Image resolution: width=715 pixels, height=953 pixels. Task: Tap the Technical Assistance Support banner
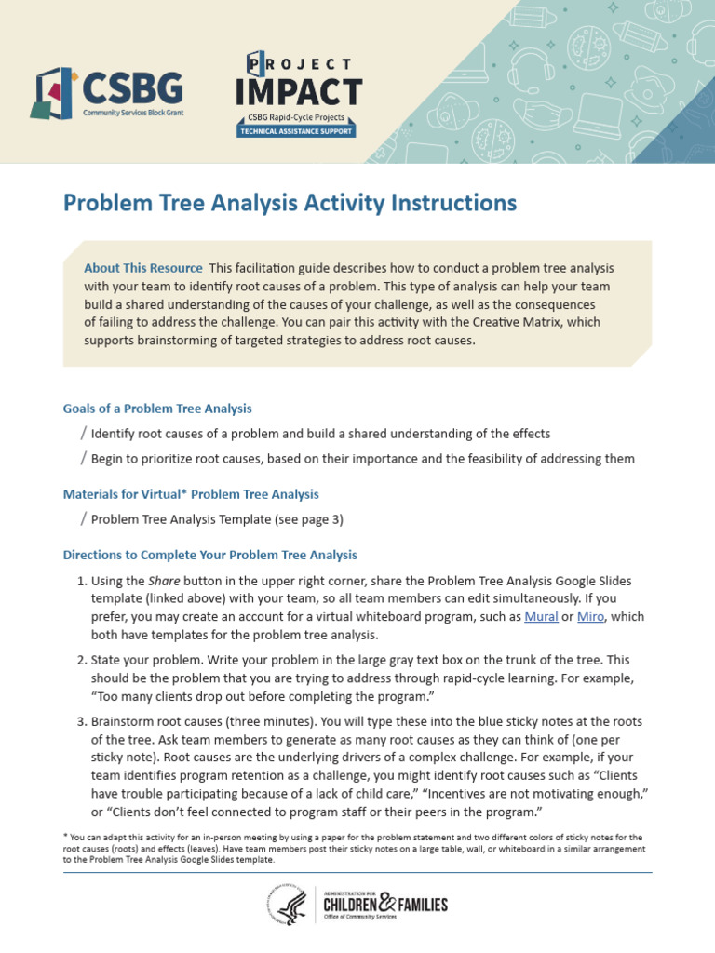click(x=296, y=132)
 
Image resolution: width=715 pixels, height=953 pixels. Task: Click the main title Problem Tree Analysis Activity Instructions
click(x=289, y=202)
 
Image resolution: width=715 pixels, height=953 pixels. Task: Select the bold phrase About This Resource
click(x=142, y=268)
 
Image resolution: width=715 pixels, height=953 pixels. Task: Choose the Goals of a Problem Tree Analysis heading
click(x=157, y=409)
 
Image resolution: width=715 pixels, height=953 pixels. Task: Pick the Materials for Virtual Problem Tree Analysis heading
click(x=191, y=494)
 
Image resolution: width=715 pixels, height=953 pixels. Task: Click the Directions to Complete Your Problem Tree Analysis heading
click(x=209, y=555)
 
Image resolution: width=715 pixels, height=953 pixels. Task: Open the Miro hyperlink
click(x=590, y=616)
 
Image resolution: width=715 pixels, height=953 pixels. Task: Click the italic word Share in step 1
click(x=163, y=580)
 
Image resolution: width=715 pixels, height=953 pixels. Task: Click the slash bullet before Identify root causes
click(x=84, y=433)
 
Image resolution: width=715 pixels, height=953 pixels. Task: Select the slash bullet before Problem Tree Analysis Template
click(x=84, y=518)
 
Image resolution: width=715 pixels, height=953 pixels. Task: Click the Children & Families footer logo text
click(x=384, y=904)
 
